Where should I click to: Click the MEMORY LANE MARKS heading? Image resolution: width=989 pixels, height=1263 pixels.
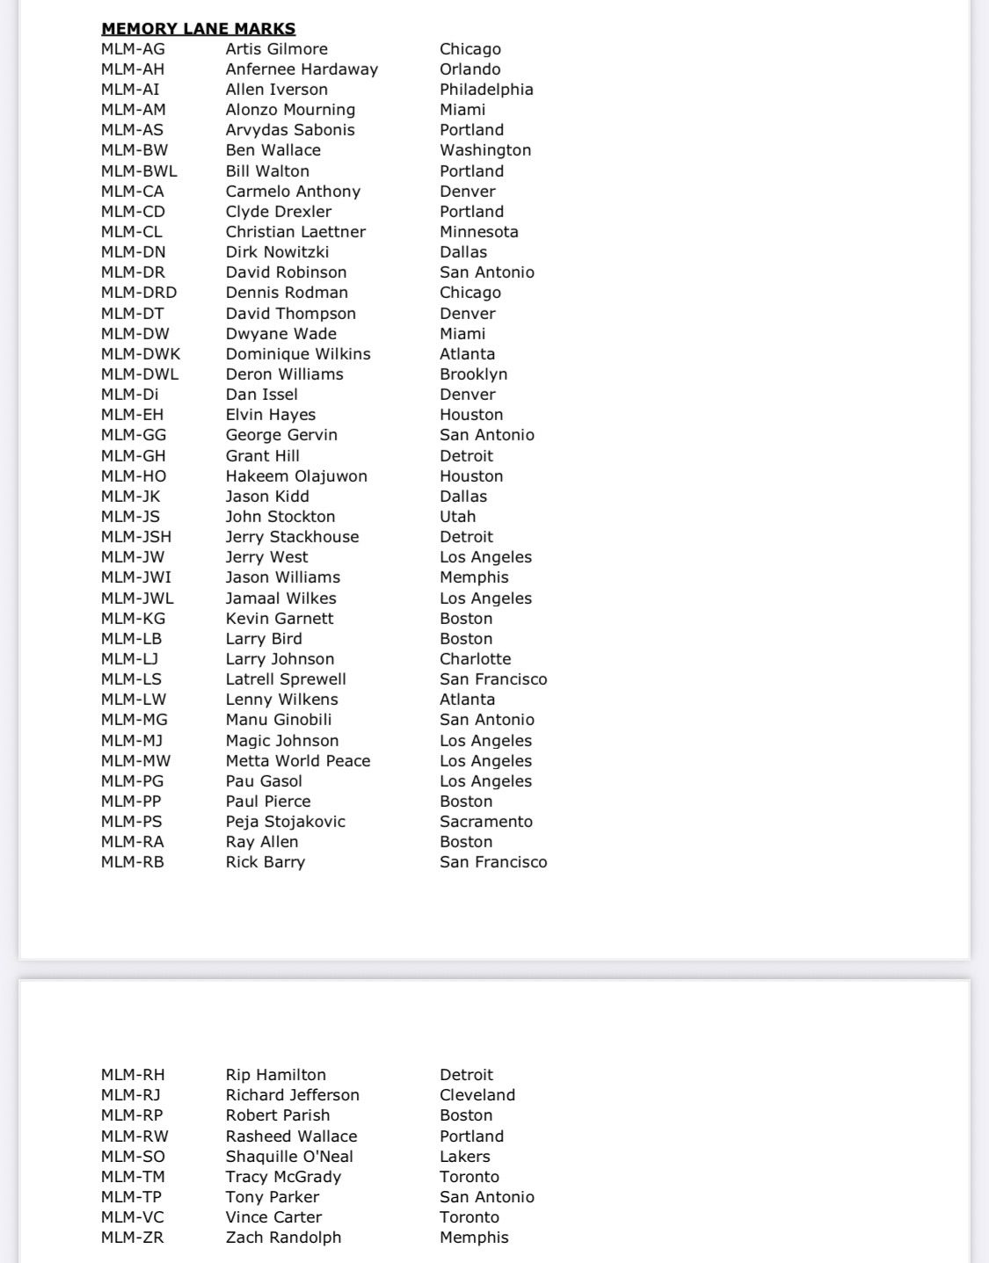198,29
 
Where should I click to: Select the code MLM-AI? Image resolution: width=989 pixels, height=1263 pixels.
130,90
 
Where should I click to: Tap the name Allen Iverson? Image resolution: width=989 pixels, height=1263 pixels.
276,90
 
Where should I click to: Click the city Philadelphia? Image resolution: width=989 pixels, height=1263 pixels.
486,90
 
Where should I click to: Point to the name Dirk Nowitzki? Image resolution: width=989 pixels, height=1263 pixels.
277,252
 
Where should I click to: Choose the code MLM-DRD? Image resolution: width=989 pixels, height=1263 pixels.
138,293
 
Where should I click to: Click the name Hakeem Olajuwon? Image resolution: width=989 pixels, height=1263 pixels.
296,476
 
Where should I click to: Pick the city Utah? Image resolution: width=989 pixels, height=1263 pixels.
457,517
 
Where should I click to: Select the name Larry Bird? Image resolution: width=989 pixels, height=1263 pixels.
264,639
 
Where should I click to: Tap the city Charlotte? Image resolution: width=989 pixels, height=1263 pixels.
475,659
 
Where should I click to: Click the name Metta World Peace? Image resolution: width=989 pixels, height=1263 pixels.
298,761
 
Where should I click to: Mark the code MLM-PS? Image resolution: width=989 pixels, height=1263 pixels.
132,822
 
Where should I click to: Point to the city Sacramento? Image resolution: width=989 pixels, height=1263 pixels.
486,822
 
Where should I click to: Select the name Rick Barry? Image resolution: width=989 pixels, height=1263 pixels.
265,862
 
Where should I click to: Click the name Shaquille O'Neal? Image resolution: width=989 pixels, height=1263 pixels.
289,1157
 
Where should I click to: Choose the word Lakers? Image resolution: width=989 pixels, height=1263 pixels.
465,1157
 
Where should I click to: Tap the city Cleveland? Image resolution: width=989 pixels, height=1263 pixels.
477,1095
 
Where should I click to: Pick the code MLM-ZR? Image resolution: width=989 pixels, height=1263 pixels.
132,1238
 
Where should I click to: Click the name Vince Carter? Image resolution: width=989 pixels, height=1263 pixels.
273,1217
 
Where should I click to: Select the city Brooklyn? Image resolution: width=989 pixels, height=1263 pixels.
473,374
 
